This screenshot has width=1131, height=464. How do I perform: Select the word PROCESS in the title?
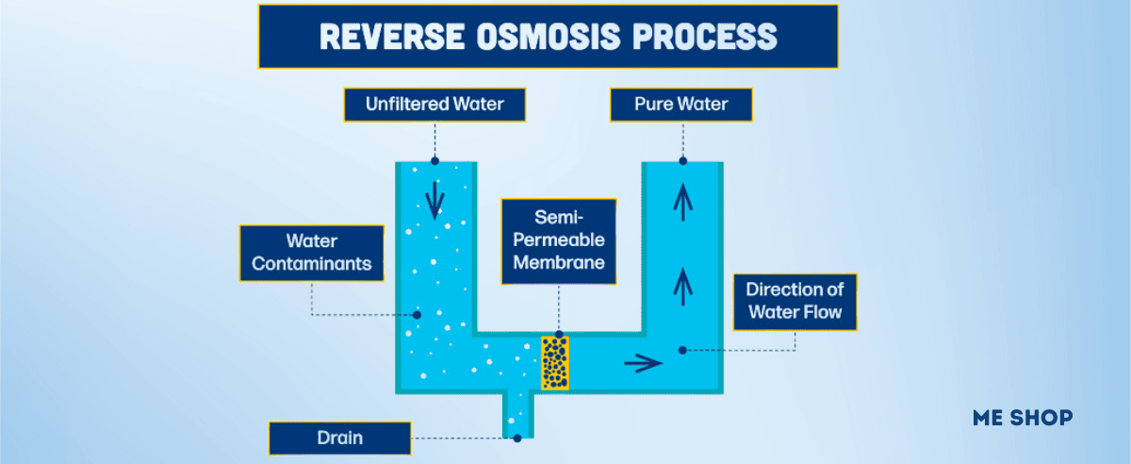pos(697,36)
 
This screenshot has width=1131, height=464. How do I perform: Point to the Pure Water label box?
pos(681,105)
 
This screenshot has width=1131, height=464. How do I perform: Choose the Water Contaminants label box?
pos(311,253)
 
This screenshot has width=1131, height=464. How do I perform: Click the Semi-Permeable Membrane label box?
pos(558,241)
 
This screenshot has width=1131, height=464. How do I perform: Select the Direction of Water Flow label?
pos(794,302)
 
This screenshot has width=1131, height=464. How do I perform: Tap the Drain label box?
pos(339,439)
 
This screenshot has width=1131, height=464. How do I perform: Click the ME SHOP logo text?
pos(1022,417)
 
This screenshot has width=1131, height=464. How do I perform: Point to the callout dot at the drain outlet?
pos(516,438)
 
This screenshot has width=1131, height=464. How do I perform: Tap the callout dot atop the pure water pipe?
pos(682,161)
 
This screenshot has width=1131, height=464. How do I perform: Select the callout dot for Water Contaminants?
pos(417,314)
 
